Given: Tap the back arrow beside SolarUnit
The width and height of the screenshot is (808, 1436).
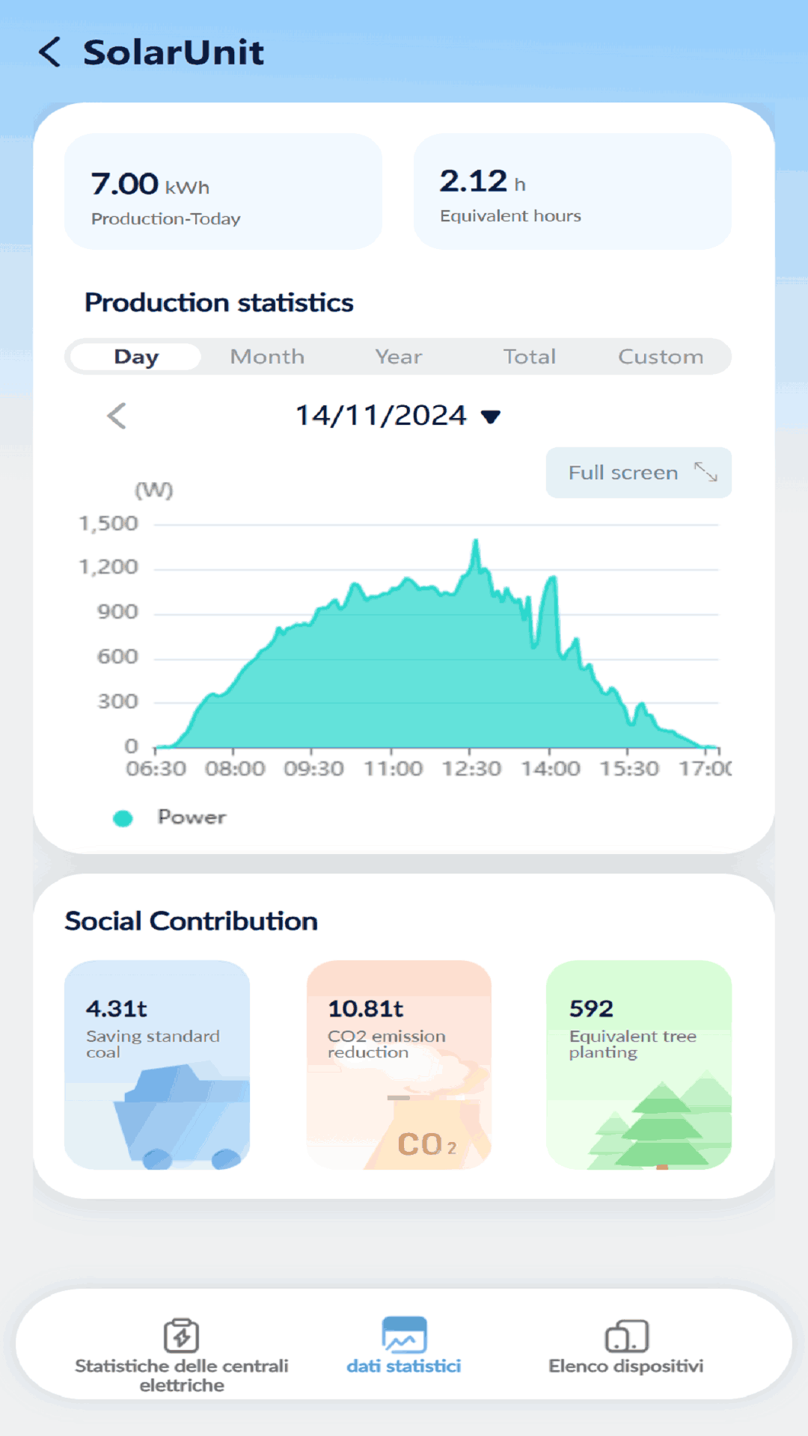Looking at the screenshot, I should tap(49, 52).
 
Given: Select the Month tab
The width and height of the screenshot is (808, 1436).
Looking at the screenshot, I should tap(267, 357).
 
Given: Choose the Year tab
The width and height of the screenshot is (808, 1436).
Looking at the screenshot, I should tap(398, 357).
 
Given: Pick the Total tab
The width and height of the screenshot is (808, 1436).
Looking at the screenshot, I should tap(529, 357).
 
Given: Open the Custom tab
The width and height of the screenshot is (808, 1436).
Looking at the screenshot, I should tap(660, 357).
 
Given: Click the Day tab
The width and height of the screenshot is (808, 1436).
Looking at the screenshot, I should tap(136, 357).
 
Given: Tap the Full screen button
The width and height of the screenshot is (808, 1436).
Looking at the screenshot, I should tap(638, 473).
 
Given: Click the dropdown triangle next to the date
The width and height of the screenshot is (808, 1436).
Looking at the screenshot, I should tap(491, 417).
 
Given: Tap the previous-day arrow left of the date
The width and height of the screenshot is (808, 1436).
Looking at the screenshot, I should tap(117, 416).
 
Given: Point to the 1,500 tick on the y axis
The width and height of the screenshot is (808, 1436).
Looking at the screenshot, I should tap(109, 524).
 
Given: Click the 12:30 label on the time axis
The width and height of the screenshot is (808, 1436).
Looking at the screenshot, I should tap(471, 769).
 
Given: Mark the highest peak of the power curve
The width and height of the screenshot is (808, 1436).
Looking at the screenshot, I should tap(475, 541).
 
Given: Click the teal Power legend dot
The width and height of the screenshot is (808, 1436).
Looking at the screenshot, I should tap(123, 818).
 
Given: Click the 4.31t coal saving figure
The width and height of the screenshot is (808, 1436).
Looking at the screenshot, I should tap(117, 1009).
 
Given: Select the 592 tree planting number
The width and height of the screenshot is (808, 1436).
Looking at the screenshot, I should tap(591, 1009).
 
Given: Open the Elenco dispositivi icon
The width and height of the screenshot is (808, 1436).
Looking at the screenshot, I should tap(626, 1336).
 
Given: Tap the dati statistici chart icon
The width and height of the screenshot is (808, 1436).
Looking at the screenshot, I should tap(404, 1335).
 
